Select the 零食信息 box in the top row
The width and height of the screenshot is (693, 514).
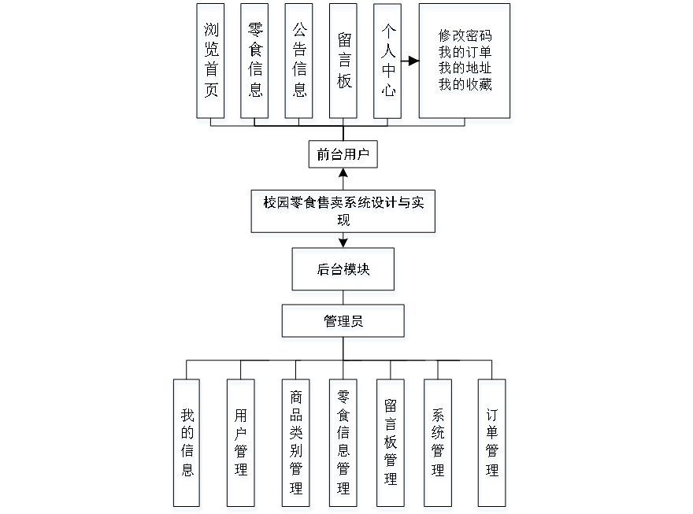click(255, 64)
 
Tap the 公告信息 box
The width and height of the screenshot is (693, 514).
click(300, 64)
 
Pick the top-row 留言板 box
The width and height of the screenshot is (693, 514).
click(345, 64)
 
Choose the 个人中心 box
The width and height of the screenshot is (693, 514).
click(388, 64)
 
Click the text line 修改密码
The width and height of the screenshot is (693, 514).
click(466, 37)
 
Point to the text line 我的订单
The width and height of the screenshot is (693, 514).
click(466, 54)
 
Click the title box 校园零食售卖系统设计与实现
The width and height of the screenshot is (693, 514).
click(343, 213)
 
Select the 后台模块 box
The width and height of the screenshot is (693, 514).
click(344, 272)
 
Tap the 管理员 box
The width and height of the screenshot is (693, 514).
click(344, 324)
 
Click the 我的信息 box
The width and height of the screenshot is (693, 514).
click(187, 446)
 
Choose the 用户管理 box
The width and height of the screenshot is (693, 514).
click(241, 446)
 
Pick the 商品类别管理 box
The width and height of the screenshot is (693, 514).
click(296, 446)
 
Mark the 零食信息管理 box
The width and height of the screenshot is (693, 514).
click(343, 446)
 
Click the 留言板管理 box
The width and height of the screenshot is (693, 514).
click(391, 446)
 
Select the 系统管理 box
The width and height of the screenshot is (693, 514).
click(438, 446)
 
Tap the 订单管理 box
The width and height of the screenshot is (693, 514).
click(492, 446)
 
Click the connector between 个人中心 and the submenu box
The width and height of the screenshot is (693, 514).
click(410, 60)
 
